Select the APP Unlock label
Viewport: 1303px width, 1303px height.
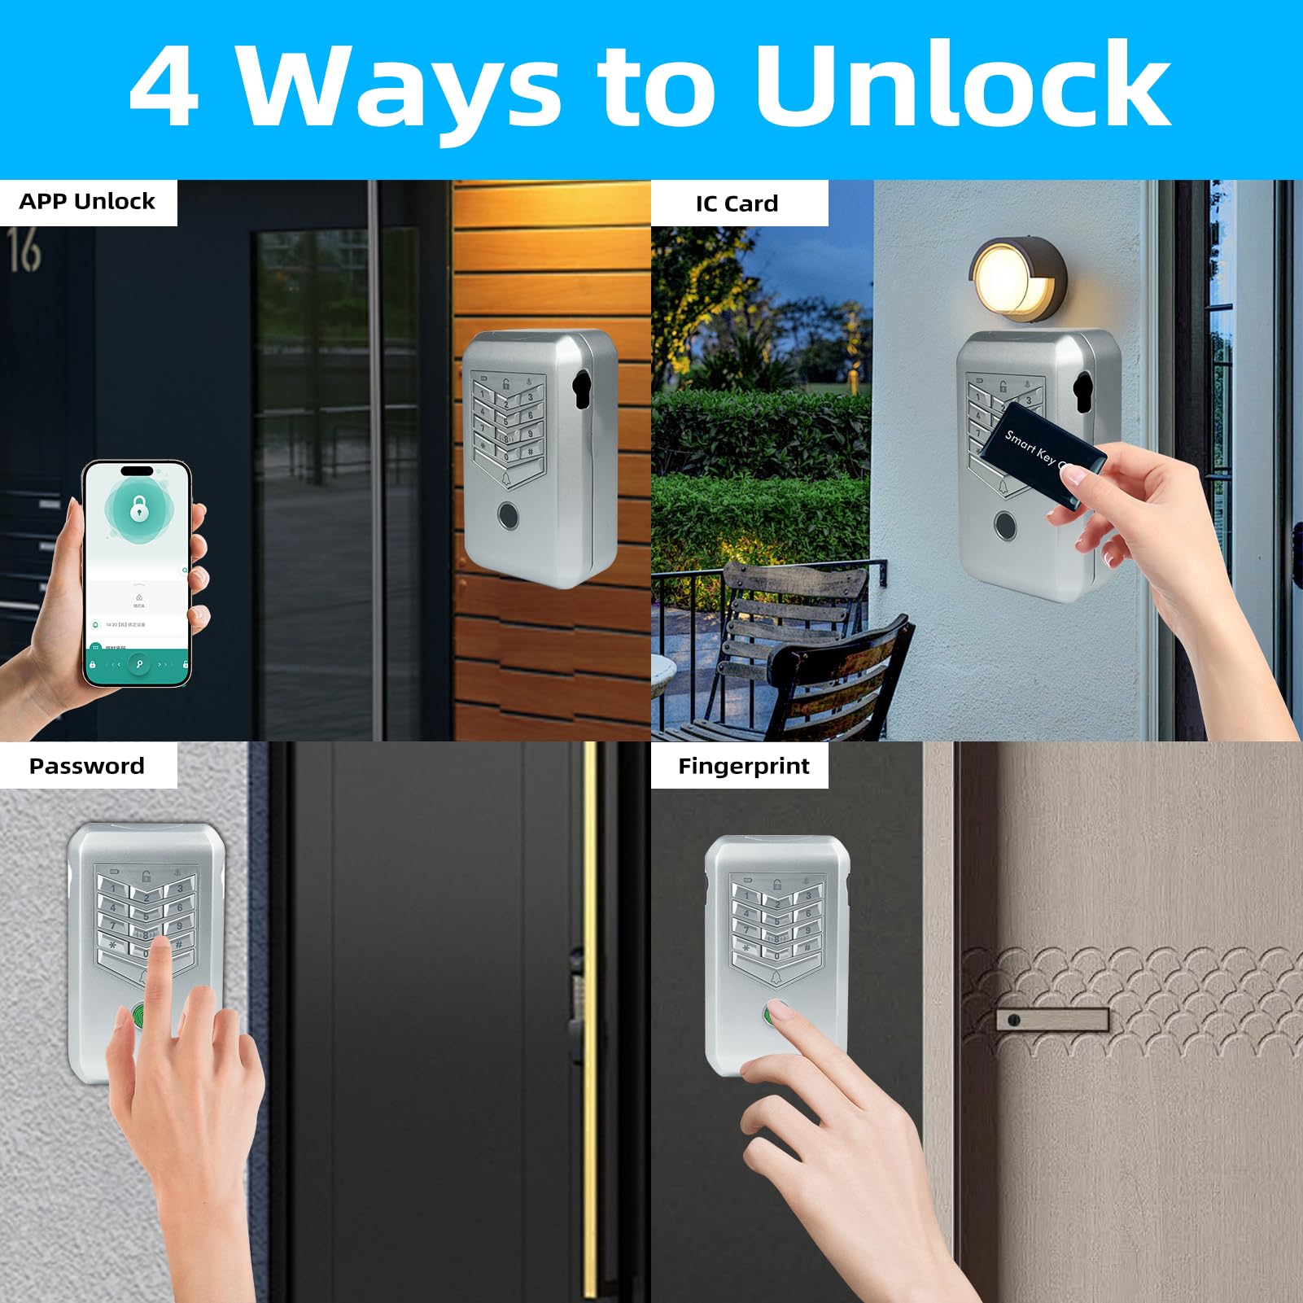tap(87, 202)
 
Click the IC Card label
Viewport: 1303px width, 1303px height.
tap(737, 203)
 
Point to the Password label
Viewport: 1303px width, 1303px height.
tap(86, 766)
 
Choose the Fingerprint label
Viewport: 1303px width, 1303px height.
tap(743, 766)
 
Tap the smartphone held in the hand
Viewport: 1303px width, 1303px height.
tap(138, 573)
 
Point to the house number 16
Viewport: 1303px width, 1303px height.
tap(24, 250)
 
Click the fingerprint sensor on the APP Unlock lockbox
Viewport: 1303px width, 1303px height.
tap(509, 515)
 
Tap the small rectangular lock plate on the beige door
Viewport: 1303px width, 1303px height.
tap(1052, 1020)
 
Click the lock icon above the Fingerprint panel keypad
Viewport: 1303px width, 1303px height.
tap(776, 885)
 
